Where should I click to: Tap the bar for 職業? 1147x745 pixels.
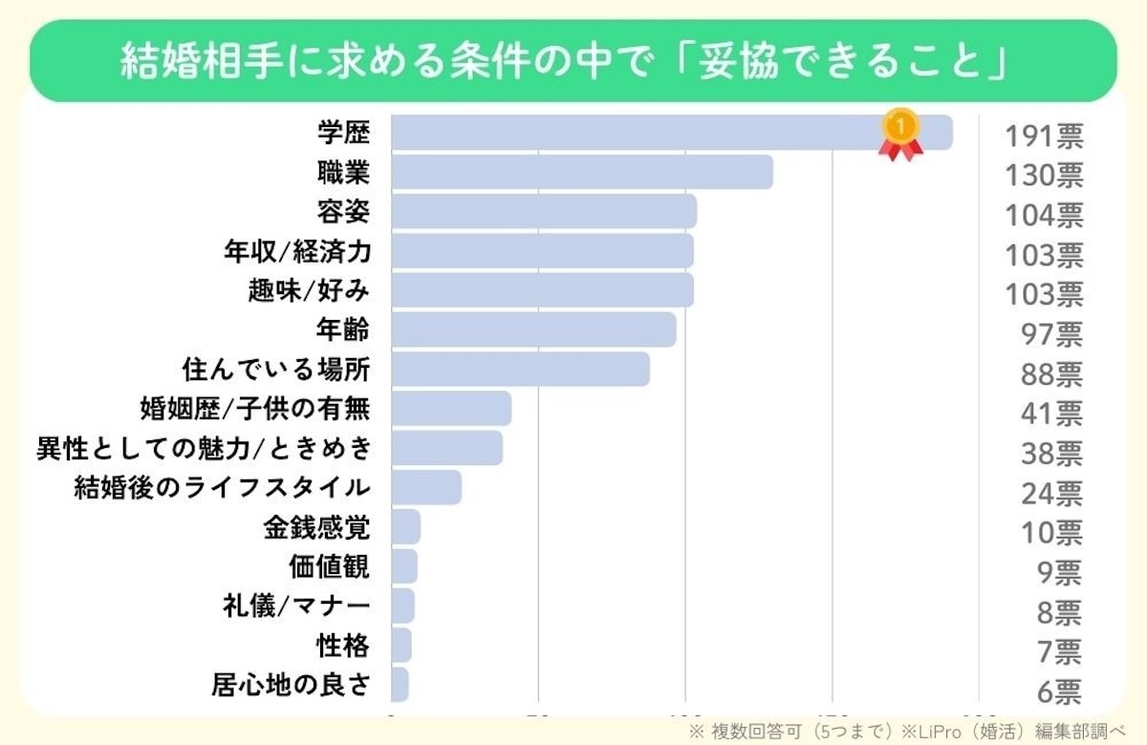[x=582, y=173]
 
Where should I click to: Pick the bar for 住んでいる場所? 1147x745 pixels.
[x=521, y=370]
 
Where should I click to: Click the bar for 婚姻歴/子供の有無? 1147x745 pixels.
[x=451, y=409]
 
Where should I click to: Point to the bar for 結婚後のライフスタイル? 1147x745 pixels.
[x=426, y=487]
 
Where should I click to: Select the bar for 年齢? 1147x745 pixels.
[x=533, y=330]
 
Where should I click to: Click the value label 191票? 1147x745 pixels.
[x=1043, y=137]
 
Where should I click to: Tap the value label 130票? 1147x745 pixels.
[x=1043, y=176]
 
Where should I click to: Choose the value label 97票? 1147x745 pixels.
[x=1050, y=334]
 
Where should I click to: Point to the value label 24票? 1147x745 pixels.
[x=1050, y=493]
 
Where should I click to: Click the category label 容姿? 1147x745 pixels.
[x=343, y=211]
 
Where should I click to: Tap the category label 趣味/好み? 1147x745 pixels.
[x=308, y=290]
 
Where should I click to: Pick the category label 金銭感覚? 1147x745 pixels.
[x=316, y=527]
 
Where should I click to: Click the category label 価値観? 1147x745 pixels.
[x=329, y=566]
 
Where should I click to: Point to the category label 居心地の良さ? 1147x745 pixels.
[x=291, y=685]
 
